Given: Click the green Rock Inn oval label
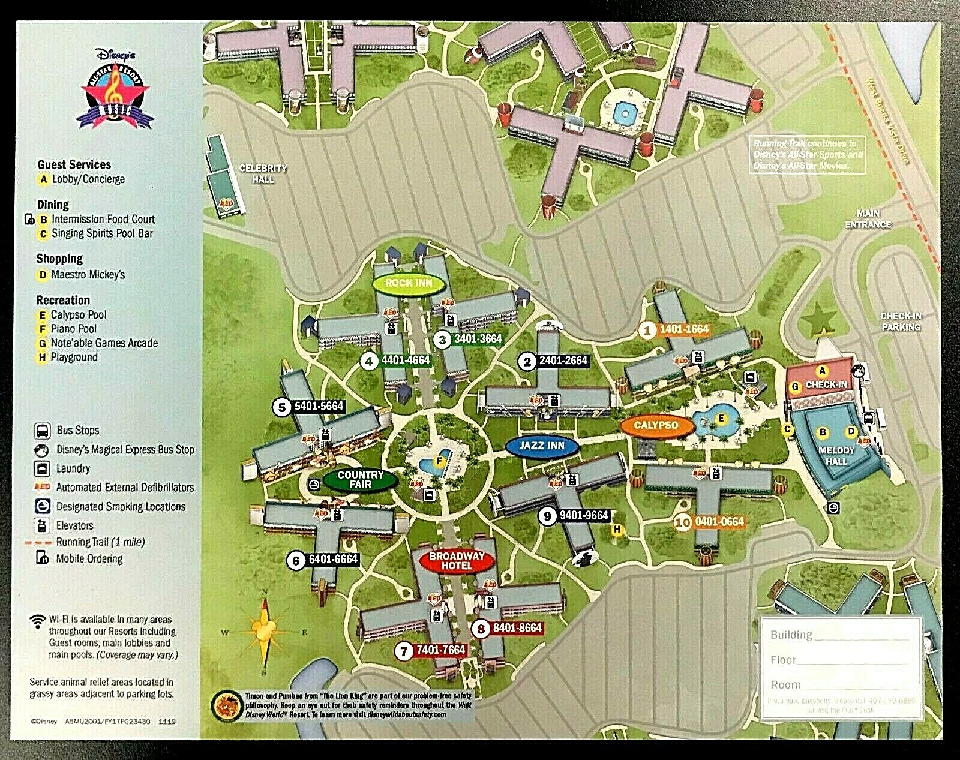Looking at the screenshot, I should [x=409, y=283].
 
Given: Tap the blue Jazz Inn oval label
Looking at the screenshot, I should [x=542, y=446].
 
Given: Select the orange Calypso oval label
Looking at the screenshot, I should [x=656, y=425].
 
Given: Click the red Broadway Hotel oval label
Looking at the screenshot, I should [x=457, y=561].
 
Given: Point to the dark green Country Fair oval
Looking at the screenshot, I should [x=360, y=479].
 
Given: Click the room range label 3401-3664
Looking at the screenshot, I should [x=478, y=338].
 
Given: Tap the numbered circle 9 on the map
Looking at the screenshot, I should [x=547, y=515].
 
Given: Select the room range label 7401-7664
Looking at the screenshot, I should [x=440, y=650].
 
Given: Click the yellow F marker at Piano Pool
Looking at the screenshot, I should [x=439, y=461].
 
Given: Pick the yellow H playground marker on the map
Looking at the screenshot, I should [x=616, y=530].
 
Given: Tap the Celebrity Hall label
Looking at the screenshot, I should [x=263, y=173].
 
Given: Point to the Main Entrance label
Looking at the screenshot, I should [x=868, y=218].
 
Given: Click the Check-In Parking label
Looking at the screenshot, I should [x=901, y=322].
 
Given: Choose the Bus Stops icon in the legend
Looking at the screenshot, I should [x=42, y=431].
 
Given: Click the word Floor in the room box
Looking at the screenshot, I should [x=783, y=660].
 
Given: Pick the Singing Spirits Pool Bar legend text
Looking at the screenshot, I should [x=102, y=233].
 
